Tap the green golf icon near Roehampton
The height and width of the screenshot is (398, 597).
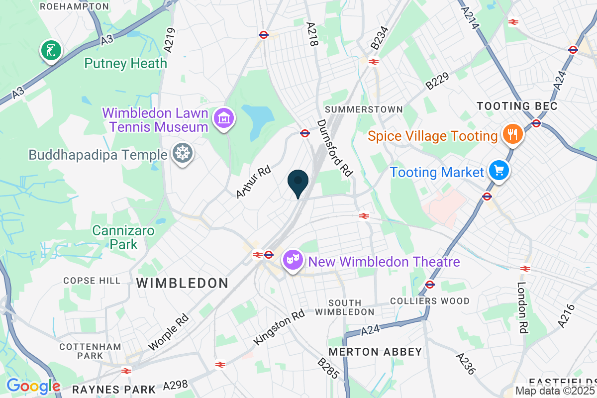(x=51, y=50)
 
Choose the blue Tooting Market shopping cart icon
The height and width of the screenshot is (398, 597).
(x=498, y=171)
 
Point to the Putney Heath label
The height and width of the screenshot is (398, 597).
(x=125, y=63)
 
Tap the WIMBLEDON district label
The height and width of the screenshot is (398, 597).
(x=182, y=283)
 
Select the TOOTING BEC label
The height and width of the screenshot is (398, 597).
(x=517, y=106)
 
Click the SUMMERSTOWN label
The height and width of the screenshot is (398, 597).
(x=363, y=109)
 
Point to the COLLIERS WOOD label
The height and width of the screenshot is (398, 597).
(x=430, y=301)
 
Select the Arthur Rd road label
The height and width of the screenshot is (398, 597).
(x=253, y=182)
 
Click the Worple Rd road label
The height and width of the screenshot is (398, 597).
(x=169, y=332)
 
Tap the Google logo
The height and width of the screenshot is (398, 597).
(x=33, y=386)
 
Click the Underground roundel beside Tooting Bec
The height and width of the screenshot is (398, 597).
(x=536, y=123)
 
